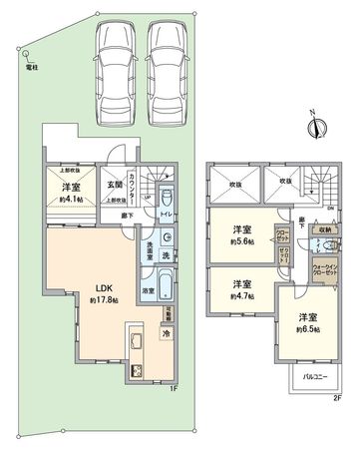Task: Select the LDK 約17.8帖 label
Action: pyautogui.click(x=103, y=293)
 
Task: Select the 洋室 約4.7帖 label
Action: pyautogui.click(x=235, y=288)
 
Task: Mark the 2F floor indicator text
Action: pyautogui.click(x=337, y=398)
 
